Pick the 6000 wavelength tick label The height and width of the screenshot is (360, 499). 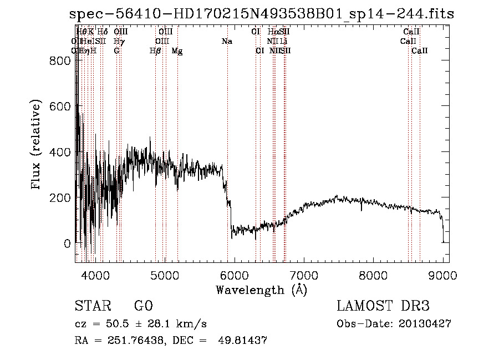pos(235,274)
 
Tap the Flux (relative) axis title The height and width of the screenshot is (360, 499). pos(37,145)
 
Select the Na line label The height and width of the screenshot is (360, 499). pos(227,41)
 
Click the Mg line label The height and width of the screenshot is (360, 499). pos(177,51)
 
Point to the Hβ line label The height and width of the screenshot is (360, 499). pos(155,51)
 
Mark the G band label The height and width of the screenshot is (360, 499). pos(116,51)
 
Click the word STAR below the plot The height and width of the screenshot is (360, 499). pos(92,306)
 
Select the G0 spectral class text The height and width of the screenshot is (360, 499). pos(143,306)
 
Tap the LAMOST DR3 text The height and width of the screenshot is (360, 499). pos(383,306)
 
